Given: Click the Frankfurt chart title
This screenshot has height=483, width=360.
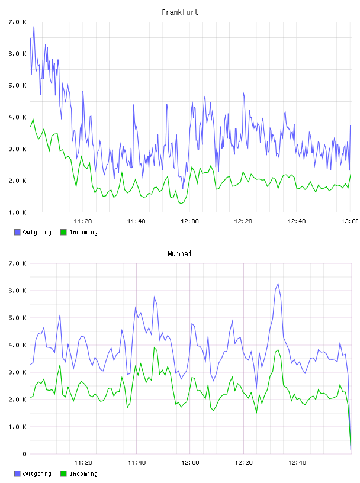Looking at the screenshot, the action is (180, 12).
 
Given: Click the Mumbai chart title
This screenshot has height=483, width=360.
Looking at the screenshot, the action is (179, 254).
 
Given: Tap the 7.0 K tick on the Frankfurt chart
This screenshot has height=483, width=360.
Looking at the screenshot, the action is (17, 22).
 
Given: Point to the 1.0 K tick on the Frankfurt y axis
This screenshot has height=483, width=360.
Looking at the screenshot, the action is (17, 212).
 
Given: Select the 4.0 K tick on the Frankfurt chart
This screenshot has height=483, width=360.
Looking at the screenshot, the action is (17, 117).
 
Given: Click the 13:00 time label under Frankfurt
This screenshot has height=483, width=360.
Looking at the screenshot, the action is (350, 221).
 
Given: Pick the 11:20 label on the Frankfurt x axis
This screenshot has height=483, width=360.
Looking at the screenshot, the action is (83, 221).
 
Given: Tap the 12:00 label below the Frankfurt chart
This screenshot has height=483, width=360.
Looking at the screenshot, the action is (190, 221).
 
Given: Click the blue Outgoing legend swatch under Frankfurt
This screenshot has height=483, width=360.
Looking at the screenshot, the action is (17, 232).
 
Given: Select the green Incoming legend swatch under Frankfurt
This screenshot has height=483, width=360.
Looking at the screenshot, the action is (63, 232).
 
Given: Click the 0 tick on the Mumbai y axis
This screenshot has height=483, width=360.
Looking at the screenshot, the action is (24, 454).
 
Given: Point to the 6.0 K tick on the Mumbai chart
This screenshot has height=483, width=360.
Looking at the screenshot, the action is (17, 291).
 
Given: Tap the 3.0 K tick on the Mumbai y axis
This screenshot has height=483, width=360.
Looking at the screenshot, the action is (17, 372).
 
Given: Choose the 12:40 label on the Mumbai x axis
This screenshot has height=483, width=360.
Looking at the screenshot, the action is (297, 463).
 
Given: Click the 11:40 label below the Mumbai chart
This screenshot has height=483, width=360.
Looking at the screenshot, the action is (137, 463).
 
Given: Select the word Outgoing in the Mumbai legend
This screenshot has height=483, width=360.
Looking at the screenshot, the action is (37, 474).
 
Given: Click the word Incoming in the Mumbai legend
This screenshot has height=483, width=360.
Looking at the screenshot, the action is (83, 474).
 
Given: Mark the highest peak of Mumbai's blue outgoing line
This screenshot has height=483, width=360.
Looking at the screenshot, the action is (278, 284).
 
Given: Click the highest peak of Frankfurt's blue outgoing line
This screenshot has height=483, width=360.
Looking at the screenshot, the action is (34, 27).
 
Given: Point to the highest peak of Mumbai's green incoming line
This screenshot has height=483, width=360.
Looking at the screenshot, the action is (154, 347).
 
